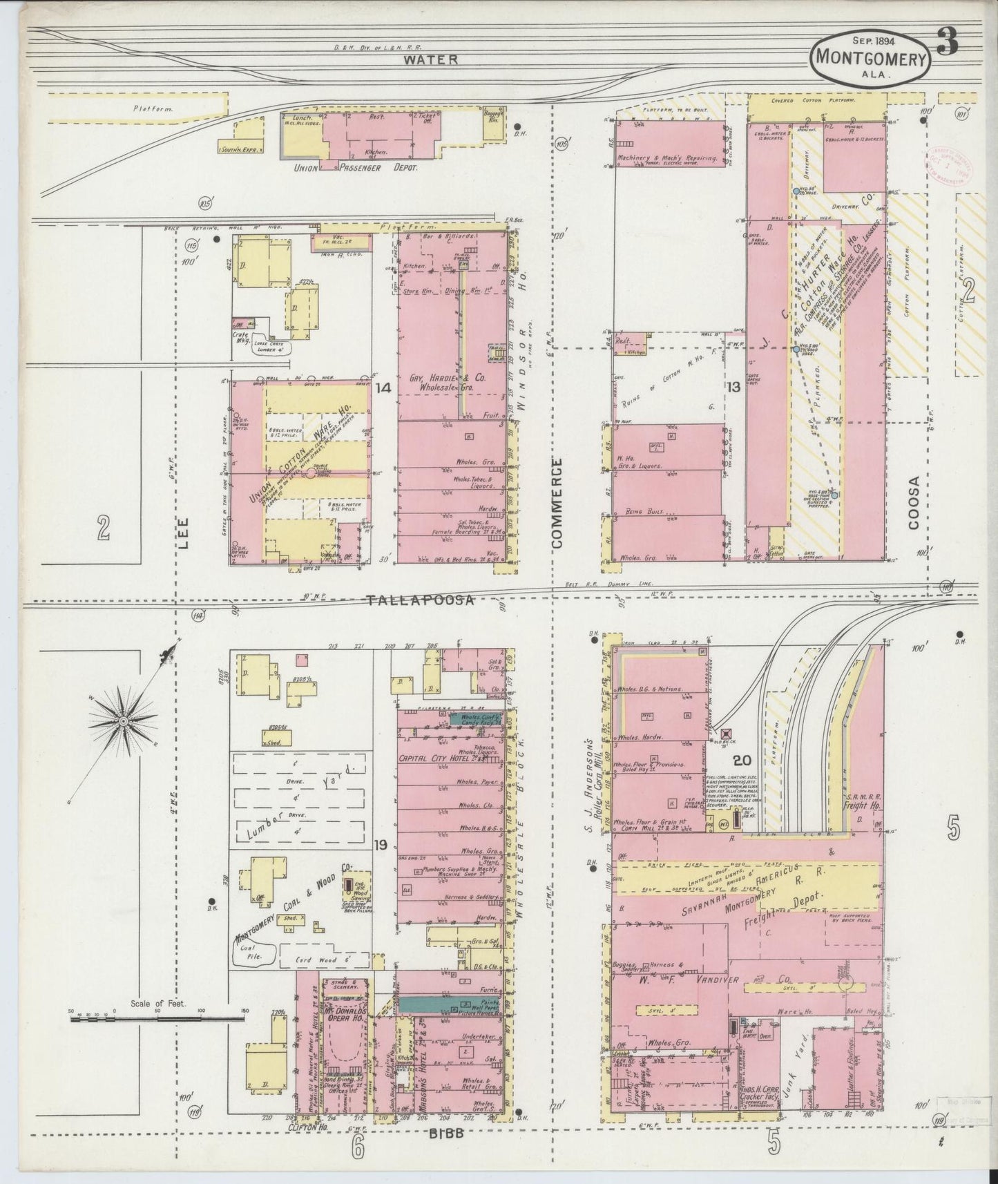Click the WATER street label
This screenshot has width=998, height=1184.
tap(430, 59)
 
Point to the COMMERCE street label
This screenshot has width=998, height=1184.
tap(557, 502)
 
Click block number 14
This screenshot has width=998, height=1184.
tap(383, 388)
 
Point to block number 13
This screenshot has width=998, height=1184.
tap(733, 388)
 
